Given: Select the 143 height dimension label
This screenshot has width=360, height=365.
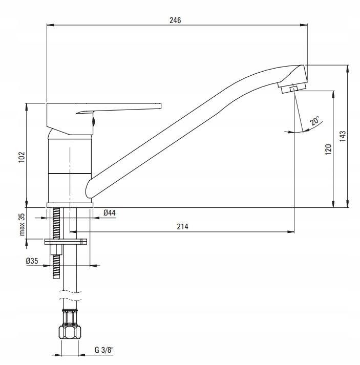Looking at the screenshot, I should point(343,135).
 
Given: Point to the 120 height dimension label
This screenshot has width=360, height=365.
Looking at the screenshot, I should point(328,149).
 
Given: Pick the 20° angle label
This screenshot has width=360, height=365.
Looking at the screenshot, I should point(314,121).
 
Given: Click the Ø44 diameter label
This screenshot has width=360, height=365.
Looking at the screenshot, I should point(108,212).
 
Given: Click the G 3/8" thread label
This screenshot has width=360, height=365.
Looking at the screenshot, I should point(103,352).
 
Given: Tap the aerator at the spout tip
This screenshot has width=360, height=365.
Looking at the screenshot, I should point(292,88).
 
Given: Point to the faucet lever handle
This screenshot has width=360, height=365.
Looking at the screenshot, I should point(123,108).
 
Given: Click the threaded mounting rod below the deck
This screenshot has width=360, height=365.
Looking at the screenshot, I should point(56,261).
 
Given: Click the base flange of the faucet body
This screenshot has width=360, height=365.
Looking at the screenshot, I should point(70,205).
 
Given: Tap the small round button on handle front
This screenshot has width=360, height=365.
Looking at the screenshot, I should point(93,121).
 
